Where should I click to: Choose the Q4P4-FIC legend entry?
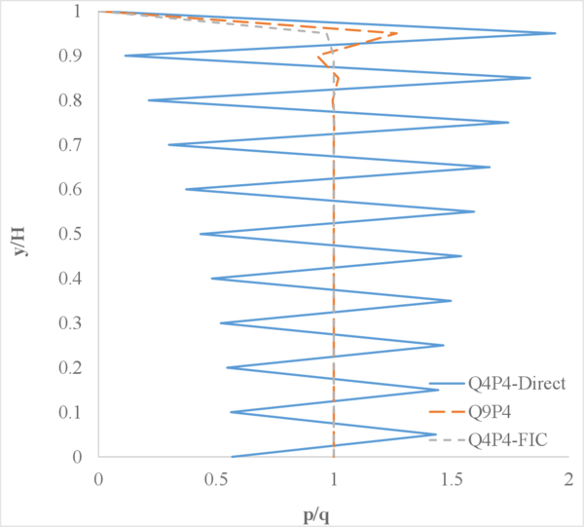pyautogui.click(x=504, y=440)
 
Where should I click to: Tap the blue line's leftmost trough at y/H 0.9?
pyautogui.click(x=125, y=56)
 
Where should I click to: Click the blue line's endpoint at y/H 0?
pyautogui.click(x=232, y=457)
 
